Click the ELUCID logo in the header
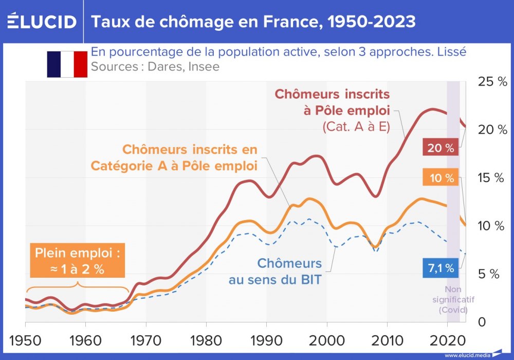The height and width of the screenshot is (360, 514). pos(42,22)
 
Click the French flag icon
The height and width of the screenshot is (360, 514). pos(67,64)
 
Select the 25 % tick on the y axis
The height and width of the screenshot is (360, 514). pos(492,82)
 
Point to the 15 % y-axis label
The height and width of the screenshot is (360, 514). pos(492,178)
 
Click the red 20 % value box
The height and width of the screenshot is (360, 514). pos(440,148)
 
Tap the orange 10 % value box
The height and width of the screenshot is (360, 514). pos(440,178)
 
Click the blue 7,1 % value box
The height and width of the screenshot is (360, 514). pos(440,267)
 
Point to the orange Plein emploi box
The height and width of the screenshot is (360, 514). pos(77,261)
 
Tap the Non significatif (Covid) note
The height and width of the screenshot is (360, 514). pos(456,299)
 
